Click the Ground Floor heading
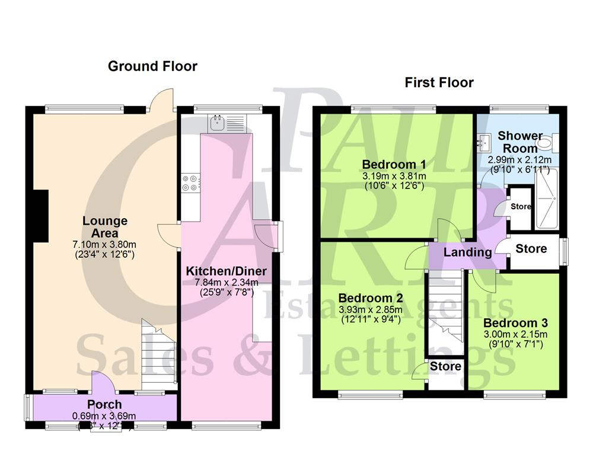click(152, 66)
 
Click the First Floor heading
click(439, 82)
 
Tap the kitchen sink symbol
click(216, 124)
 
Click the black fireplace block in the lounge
click(40, 216)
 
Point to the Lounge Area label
click(104, 227)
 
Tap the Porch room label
click(104, 405)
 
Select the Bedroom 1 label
click(394, 164)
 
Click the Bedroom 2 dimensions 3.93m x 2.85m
click(371, 309)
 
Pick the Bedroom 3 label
click(515, 324)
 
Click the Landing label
click(468, 252)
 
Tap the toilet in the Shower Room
click(556, 141)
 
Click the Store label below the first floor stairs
click(445, 367)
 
